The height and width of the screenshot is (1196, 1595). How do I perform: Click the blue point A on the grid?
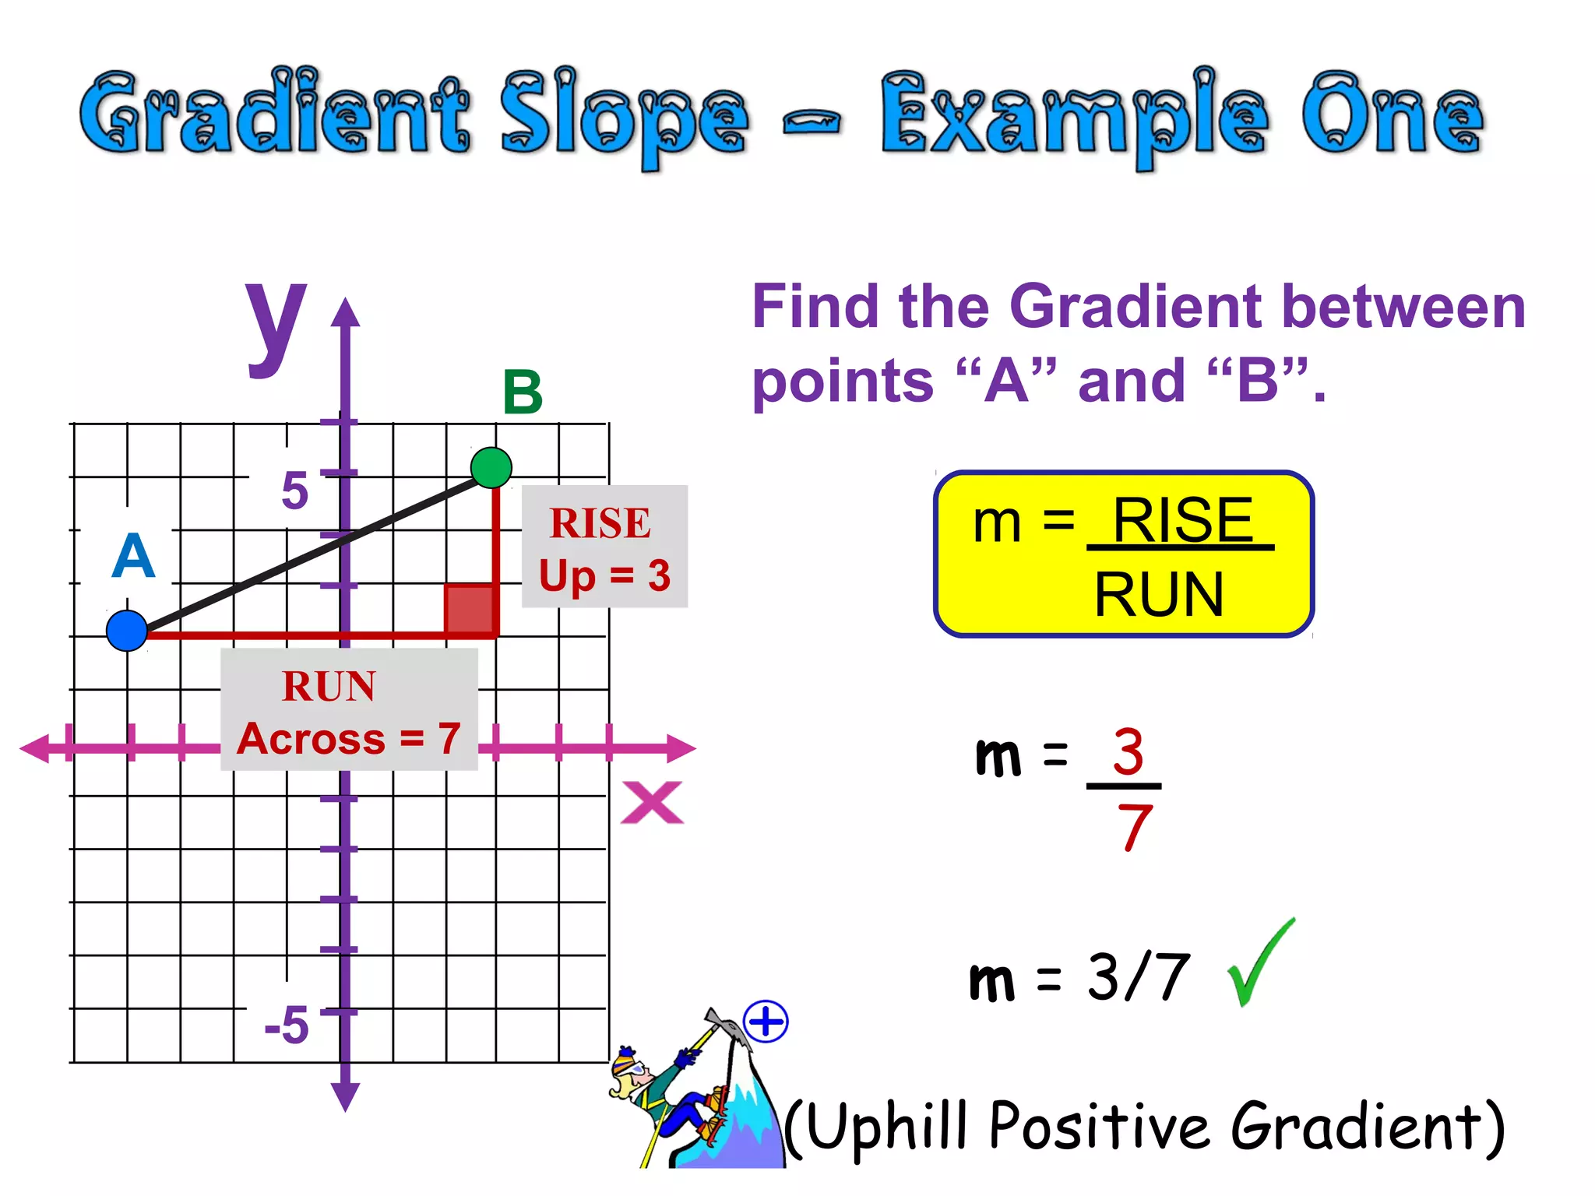click(x=127, y=631)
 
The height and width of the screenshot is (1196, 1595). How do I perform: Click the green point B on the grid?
click(x=491, y=468)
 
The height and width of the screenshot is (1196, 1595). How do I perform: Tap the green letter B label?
click(x=523, y=392)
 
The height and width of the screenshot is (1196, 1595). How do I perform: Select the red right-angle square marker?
click(x=470, y=608)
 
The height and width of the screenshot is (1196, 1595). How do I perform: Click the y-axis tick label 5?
click(x=295, y=491)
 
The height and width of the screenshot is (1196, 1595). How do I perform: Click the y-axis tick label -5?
click(x=287, y=1025)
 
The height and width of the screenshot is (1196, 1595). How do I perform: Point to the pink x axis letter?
click(x=652, y=803)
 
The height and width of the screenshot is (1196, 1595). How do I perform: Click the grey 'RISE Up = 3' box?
click(x=604, y=547)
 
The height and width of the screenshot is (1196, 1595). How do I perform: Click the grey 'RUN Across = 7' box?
click(x=349, y=710)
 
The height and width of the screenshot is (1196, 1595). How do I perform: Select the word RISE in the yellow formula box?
click(x=1182, y=520)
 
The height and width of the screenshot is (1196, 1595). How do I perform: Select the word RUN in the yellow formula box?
click(x=1159, y=595)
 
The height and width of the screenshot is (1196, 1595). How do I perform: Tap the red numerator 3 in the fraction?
click(x=1128, y=752)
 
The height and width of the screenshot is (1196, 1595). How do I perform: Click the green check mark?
click(x=1259, y=964)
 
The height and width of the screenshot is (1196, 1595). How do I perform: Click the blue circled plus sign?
click(x=766, y=1022)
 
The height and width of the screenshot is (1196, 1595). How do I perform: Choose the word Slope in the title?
click(x=623, y=117)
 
